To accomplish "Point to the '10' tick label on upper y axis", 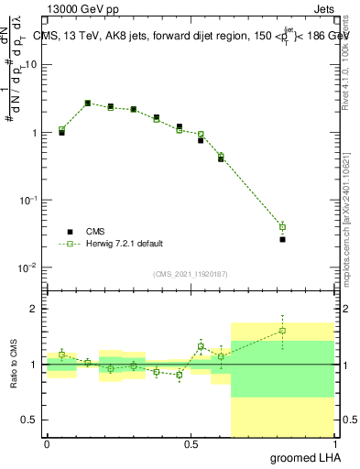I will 32,64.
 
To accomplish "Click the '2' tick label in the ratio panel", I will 36,309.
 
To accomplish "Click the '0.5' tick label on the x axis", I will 191,444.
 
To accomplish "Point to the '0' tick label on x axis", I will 47,444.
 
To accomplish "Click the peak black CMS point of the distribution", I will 88,104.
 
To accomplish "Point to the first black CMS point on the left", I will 61,133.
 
